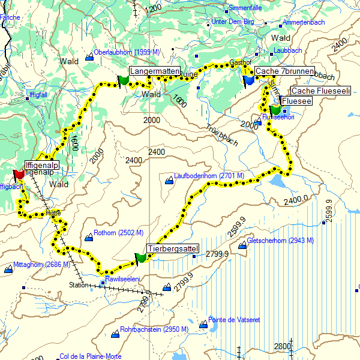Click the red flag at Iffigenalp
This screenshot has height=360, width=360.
point(18,173)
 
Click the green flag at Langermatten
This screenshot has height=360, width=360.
point(124,80)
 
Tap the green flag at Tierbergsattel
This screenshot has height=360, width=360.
point(140,258)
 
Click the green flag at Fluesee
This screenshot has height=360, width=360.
point(275,110)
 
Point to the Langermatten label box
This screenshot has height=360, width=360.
point(155,71)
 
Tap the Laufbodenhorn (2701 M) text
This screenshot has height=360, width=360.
point(209,176)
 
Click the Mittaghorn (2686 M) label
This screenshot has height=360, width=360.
point(41,265)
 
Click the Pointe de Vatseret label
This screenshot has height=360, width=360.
point(234,320)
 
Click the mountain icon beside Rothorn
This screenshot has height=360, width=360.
point(89,238)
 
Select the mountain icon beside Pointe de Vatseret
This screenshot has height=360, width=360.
point(203,325)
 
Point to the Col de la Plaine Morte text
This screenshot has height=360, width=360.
point(90,356)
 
